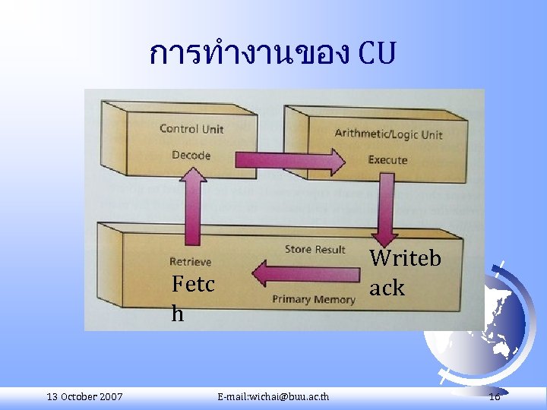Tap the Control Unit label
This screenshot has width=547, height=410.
coord(191,129)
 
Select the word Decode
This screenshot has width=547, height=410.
coord(191,155)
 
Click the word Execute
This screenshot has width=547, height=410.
coord(387,159)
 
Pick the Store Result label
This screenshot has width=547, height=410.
coord(315,249)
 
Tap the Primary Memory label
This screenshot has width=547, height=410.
coord(313,299)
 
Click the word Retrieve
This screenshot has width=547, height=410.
coord(191,262)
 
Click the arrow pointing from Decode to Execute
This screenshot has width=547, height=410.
coord(289,160)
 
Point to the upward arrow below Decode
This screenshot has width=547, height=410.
coord(192,205)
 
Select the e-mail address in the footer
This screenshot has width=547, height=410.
coord(273,397)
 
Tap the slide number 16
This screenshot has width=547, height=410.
coord(495,397)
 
